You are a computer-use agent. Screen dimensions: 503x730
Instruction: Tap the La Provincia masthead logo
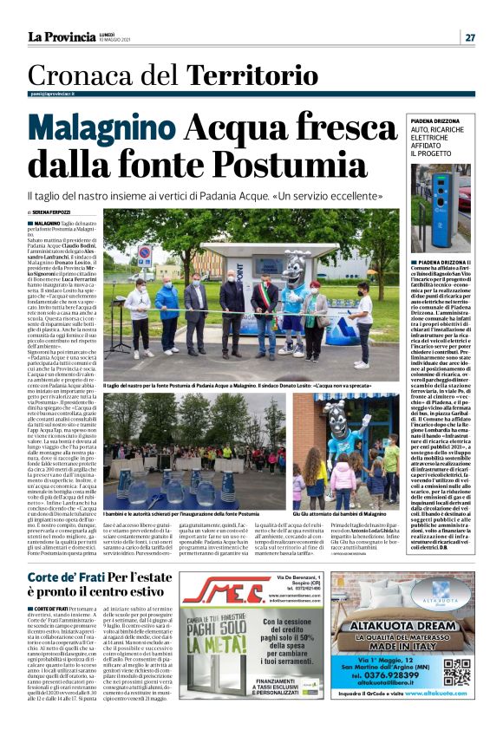click(x=62, y=36)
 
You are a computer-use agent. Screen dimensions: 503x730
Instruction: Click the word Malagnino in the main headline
click(x=104, y=131)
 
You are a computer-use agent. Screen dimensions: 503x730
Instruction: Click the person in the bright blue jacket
click(x=168, y=313)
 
